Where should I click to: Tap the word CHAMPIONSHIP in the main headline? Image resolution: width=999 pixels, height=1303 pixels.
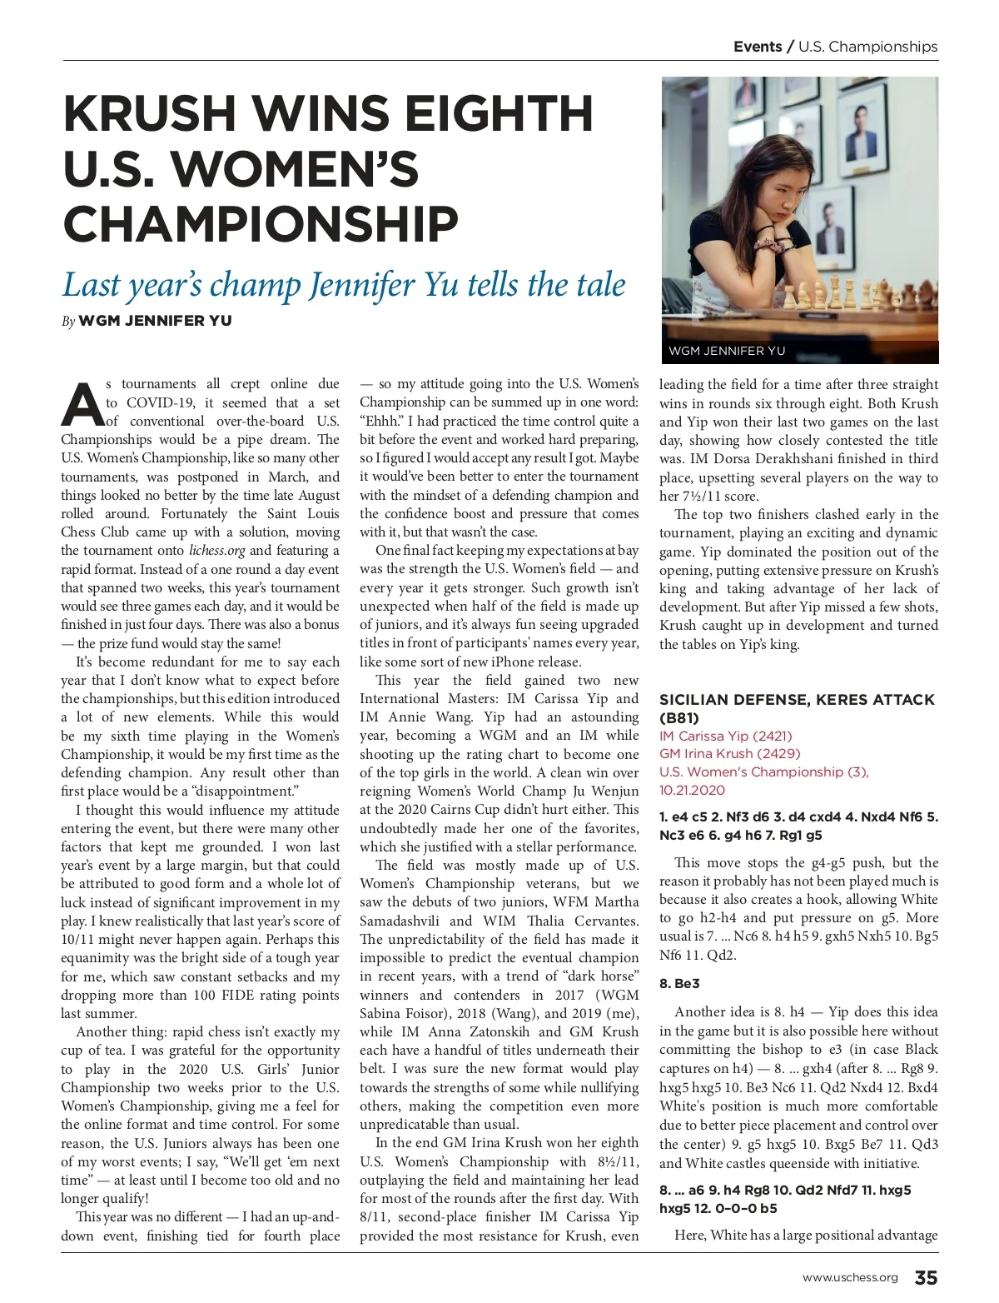(261, 223)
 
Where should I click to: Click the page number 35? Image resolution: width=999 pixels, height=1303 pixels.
(926, 1277)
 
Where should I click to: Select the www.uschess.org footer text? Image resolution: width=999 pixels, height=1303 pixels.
(849, 1278)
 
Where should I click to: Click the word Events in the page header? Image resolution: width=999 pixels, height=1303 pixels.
(758, 47)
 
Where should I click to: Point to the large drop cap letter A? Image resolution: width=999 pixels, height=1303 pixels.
(82, 403)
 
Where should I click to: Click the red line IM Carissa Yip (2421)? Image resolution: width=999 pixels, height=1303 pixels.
(725, 736)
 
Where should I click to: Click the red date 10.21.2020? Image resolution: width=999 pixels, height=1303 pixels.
(692, 790)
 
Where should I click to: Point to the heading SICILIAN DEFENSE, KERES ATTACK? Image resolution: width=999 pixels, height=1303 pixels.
(797, 700)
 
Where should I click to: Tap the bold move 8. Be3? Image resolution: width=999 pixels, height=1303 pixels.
(679, 983)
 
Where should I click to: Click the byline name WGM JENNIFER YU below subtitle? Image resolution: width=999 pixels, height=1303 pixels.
(155, 321)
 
